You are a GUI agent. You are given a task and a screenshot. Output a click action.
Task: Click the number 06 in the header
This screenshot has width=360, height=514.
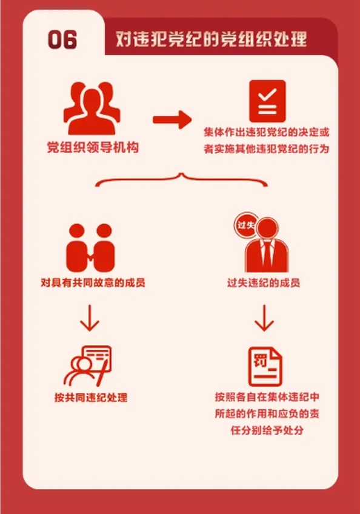tap(62, 39)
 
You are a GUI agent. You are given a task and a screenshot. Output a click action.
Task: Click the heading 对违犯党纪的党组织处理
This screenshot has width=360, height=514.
tap(212, 39)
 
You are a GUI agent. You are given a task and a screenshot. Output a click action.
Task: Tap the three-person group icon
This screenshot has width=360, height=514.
tap(92, 108)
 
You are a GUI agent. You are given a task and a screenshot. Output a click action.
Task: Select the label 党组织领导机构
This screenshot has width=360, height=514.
tap(93, 147)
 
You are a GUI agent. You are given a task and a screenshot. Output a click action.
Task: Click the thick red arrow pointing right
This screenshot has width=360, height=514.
tap(172, 119)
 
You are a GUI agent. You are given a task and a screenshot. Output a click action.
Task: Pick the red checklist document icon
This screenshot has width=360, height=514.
tap(267, 101)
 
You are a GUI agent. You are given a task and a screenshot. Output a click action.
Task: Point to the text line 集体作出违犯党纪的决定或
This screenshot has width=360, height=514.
tap(266, 132)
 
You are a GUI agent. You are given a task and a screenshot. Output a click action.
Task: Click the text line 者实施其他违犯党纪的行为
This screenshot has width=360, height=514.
tap(266, 149)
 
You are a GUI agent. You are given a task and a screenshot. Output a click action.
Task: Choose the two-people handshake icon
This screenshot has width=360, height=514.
tap(90, 248)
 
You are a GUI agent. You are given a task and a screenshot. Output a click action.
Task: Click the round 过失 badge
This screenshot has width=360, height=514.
tap(246, 225)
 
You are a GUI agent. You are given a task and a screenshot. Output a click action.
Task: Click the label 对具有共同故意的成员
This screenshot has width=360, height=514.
tap(93, 282)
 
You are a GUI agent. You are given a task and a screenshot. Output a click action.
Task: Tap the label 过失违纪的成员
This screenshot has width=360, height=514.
tap(264, 282)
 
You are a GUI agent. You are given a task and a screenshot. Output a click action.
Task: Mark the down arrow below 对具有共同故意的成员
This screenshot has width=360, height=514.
tap(90, 318)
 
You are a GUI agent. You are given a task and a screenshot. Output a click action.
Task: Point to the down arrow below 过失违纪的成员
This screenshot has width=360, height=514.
tap(264, 318)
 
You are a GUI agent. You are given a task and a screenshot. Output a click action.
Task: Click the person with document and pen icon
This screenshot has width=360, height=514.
tap(88, 366)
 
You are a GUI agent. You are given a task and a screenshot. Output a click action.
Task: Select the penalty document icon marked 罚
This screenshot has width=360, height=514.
tap(265, 367)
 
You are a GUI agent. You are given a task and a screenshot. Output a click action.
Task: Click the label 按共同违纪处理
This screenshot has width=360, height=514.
tap(91, 398)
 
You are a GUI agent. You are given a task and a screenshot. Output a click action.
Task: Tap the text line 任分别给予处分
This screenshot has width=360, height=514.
tap(267, 430)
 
